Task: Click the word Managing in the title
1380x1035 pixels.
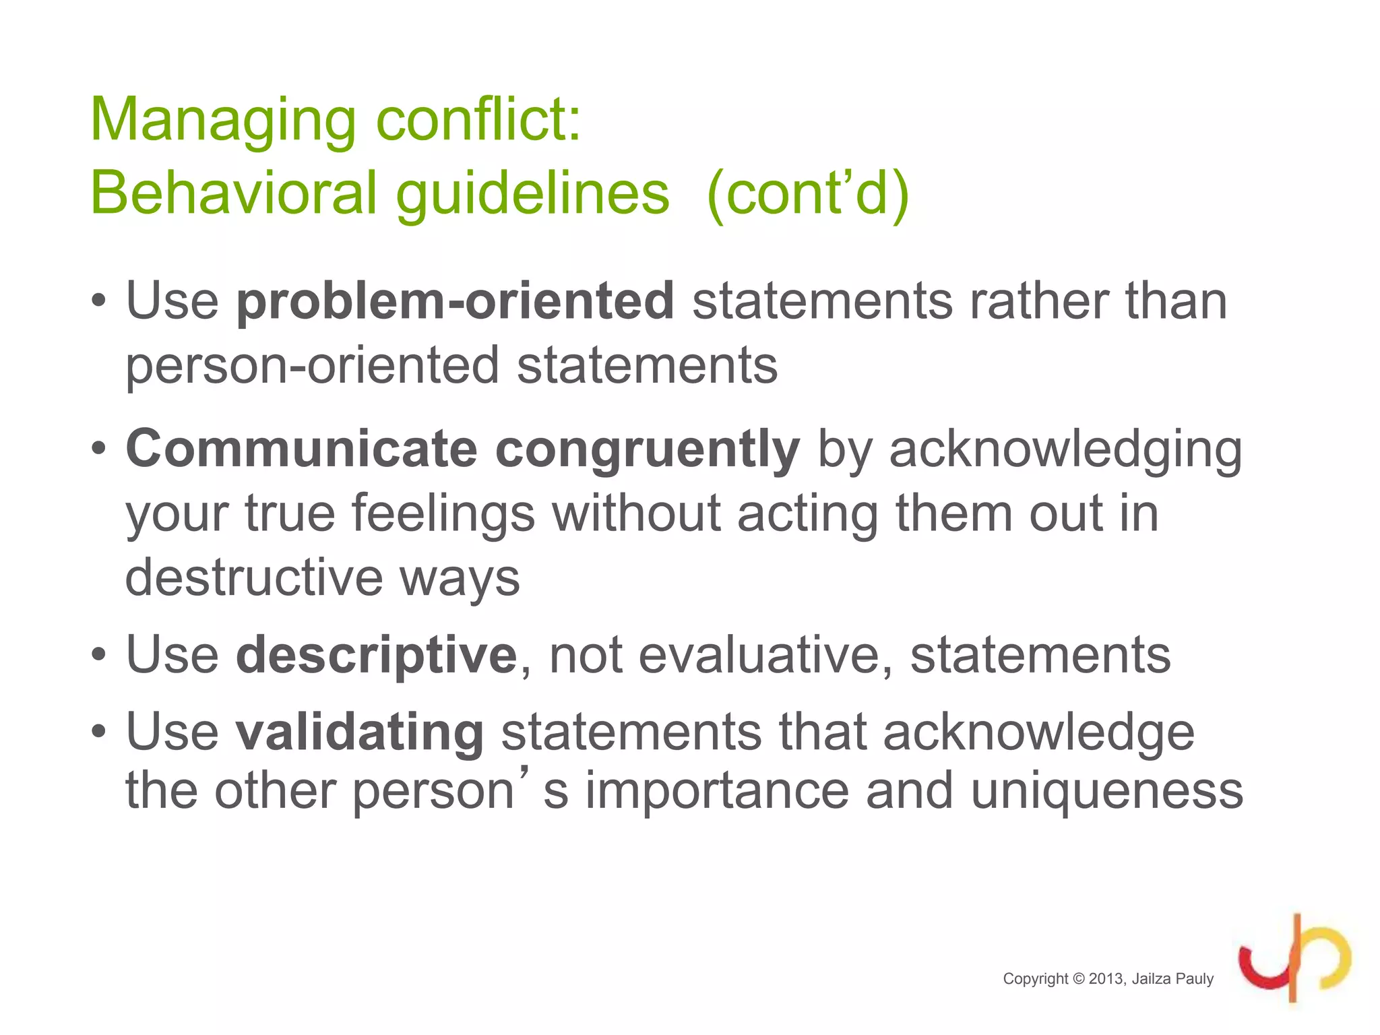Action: pos(222,121)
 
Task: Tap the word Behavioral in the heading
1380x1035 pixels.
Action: pos(232,194)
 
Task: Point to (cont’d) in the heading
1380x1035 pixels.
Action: pos(808,194)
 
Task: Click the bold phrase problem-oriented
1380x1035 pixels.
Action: pos(455,301)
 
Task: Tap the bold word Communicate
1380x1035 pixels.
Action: pos(302,449)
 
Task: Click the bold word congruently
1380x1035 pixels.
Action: pos(647,450)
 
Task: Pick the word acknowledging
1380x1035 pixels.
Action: pos(1065,450)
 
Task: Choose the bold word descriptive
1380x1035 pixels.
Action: pos(376,655)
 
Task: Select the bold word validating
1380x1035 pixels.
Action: pos(359,732)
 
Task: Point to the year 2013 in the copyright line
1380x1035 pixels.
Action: pos(1106,979)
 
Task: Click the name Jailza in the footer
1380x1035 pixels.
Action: pos(1153,979)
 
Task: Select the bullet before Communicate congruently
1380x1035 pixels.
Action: pos(99,449)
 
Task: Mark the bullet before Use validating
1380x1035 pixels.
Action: pos(99,732)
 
